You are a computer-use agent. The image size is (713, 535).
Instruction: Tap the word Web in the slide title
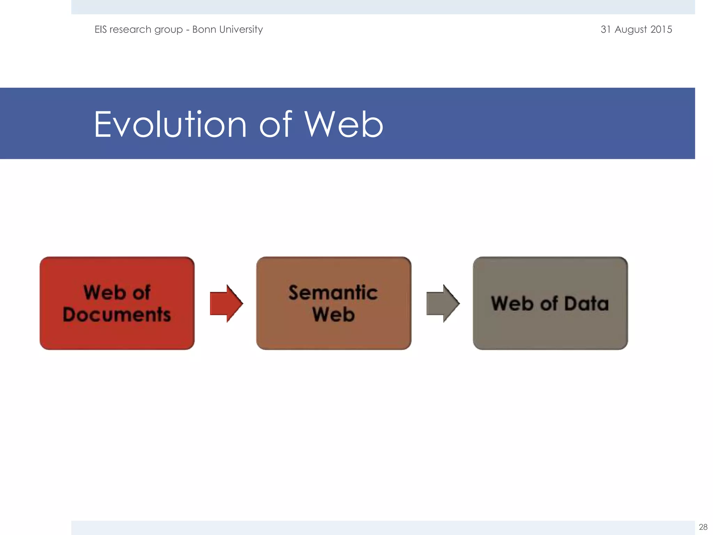343,125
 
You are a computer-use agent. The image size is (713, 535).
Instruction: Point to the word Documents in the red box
117,315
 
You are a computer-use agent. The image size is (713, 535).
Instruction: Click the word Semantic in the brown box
333,293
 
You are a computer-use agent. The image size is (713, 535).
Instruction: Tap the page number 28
703,527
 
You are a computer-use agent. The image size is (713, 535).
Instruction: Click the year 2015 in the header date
661,29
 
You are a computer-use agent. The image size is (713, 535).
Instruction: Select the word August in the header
630,30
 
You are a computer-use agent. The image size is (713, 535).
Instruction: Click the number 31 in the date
606,29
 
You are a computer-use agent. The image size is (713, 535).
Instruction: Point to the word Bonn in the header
204,29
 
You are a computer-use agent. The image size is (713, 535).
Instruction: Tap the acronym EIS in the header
101,29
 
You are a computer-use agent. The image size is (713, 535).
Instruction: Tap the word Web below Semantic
333,315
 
